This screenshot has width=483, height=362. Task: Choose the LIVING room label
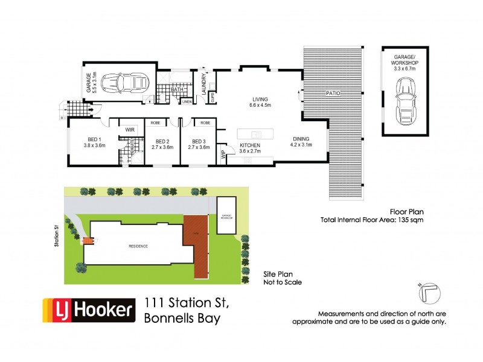coord(260,100)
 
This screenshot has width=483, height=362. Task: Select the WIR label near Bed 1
coord(130,130)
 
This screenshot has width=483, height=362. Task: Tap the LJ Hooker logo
coord(88,310)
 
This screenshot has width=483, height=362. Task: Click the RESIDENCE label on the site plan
coord(138,246)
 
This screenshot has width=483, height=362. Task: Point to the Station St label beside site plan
coord(56,236)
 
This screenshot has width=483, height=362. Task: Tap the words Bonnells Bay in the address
coord(182,319)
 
